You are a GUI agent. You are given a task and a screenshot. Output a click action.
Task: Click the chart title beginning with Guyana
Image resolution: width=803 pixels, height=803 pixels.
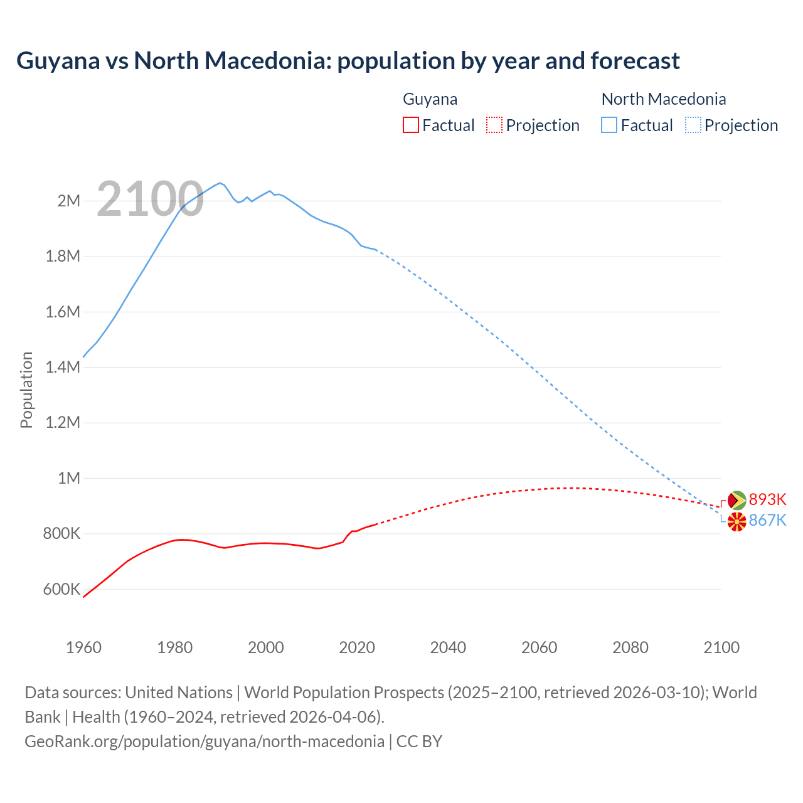[x=348, y=61]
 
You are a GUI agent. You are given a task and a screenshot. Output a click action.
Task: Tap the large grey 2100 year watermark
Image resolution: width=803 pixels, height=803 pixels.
[x=150, y=199]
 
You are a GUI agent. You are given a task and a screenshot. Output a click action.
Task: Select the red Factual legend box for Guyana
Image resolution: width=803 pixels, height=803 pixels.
[x=410, y=125]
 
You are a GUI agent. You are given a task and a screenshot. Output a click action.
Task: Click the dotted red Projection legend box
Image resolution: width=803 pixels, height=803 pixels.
[x=494, y=125]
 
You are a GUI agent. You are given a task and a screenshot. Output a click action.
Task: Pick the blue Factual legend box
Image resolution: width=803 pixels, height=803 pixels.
[x=609, y=125]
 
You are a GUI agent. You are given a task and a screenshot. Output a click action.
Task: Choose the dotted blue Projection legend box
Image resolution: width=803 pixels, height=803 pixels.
[x=693, y=125]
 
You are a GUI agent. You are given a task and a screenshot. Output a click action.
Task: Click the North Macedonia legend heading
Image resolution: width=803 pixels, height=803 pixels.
[x=664, y=99]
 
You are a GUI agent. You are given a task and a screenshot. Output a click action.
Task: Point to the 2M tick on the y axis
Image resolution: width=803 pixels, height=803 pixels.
[x=69, y=201]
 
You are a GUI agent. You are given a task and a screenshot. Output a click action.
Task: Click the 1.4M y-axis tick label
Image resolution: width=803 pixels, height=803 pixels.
[x=63, y=367]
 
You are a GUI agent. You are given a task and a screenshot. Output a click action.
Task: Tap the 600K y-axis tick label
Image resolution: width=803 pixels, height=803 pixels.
[x=62, y=589]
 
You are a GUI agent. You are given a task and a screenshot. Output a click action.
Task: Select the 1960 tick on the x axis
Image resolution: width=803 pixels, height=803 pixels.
[x=83, y=647]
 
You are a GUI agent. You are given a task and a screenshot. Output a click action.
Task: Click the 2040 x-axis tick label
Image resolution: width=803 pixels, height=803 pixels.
[x=448, y=647]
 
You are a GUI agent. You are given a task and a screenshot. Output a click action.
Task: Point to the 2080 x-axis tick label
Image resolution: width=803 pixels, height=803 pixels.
[x=630, y=647]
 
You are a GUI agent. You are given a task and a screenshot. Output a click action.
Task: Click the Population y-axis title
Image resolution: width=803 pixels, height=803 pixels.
[x=26, y=390]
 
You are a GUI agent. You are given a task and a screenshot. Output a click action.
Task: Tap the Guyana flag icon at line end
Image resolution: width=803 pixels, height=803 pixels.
[x=737, y=500]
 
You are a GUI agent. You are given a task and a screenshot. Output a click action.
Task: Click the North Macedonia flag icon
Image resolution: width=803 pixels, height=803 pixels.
[x=737, y=521]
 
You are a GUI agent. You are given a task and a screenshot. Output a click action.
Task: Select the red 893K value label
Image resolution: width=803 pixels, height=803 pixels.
[x=767, y=499]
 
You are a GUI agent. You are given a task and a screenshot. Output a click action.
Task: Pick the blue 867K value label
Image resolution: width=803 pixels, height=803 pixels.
[x=767, y=520]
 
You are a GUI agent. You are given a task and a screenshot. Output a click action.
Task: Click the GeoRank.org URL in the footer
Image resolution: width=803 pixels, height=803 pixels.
[x=205, y=741]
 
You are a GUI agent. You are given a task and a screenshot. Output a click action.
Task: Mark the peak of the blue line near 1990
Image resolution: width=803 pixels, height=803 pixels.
[x=220, y=183]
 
